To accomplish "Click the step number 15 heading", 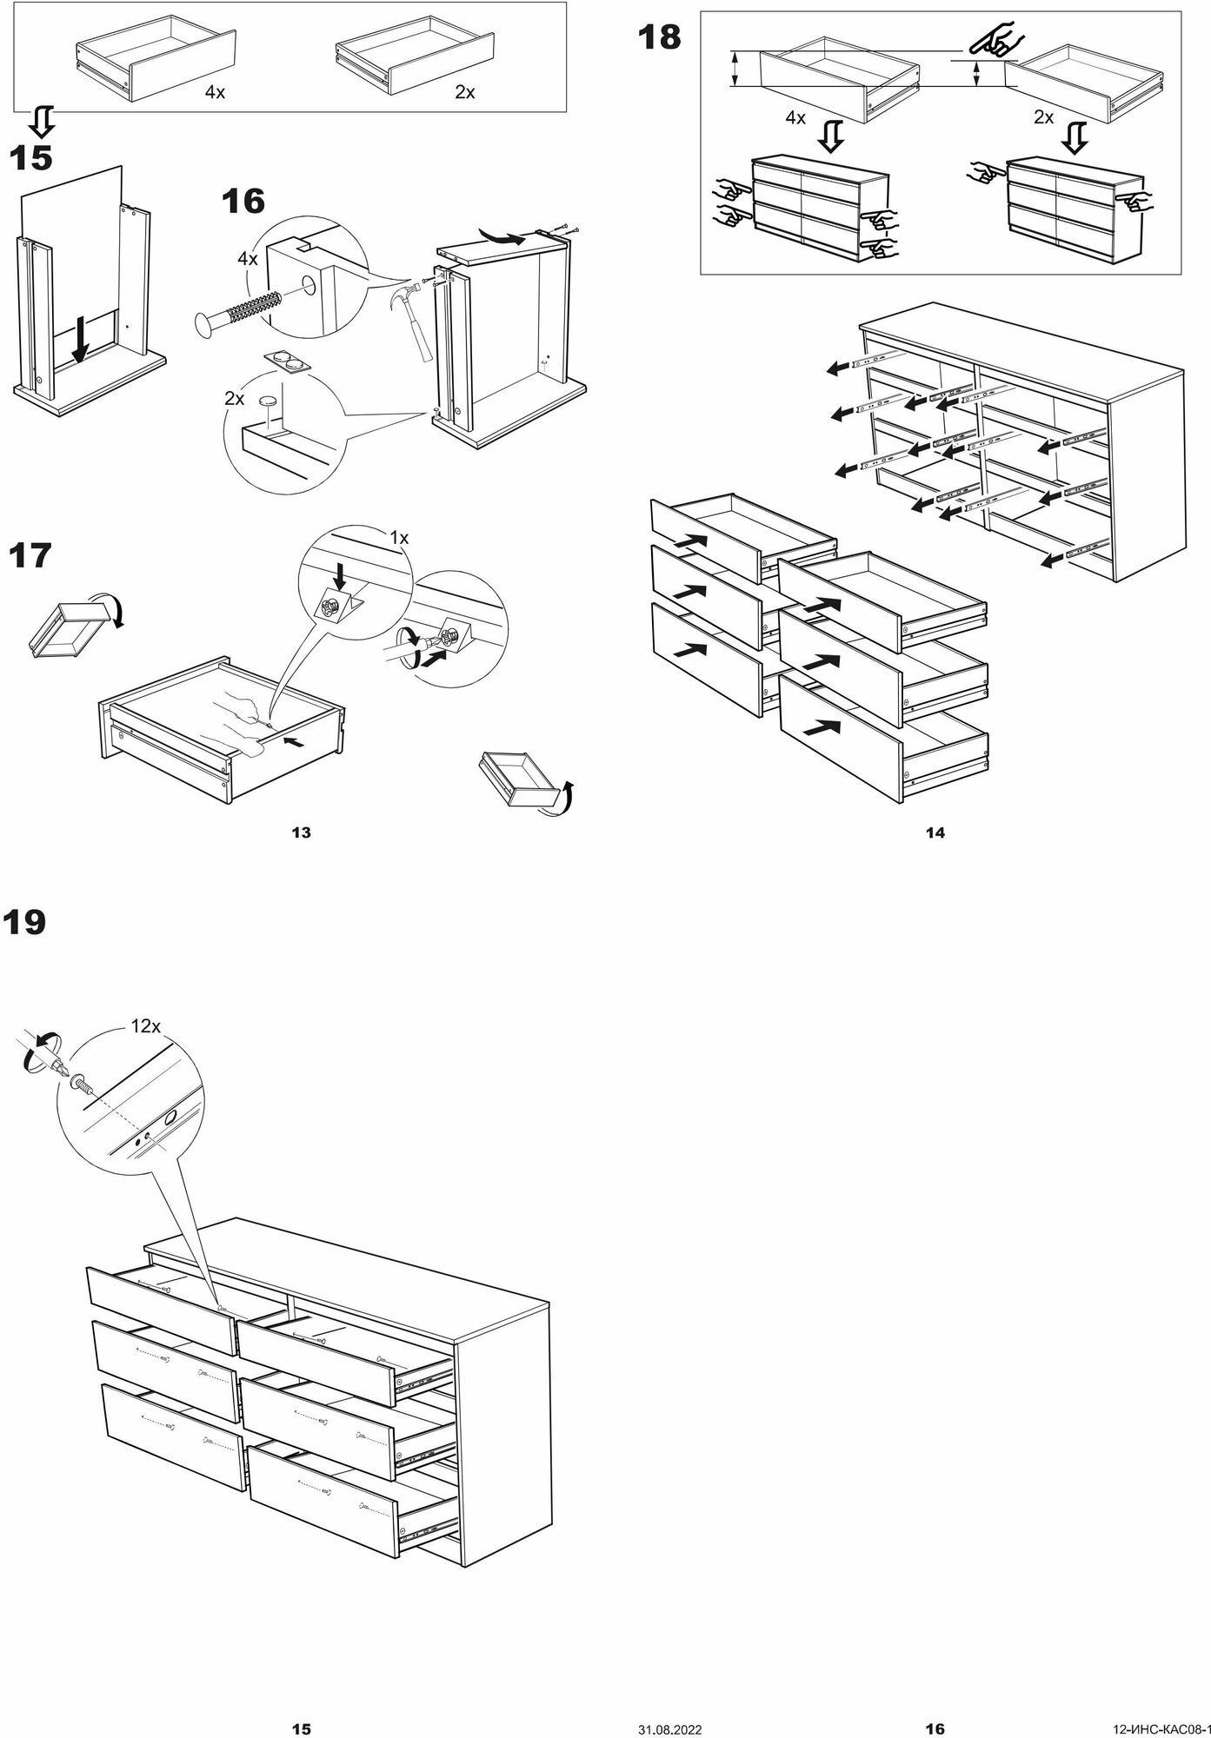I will [30, 159].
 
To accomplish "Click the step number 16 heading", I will [243, 202].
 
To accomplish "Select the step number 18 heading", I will [660, 38].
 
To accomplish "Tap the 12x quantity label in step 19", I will [145, 1026].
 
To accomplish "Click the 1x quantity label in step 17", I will [398, 538].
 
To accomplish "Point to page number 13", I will [301, 833].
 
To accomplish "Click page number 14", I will [935, 833].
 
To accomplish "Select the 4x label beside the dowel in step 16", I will [247, 259].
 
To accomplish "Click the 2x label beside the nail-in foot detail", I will [234, 398].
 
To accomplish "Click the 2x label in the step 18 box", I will [1043, 117].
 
